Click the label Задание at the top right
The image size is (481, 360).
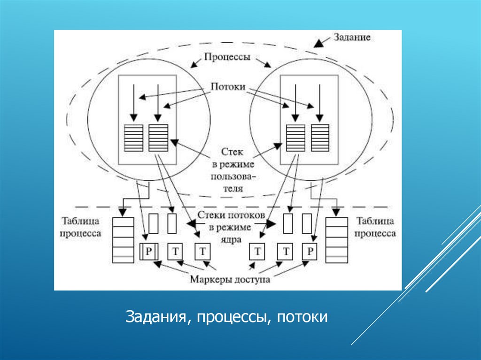coord(352,37)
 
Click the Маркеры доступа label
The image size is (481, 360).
coord(230,280)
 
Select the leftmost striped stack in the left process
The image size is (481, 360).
coord(133,138)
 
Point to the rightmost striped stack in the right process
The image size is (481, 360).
coord(320,138)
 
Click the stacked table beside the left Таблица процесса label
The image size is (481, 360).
coord(123,239)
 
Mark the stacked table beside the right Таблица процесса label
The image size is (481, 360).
coord(336,239)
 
